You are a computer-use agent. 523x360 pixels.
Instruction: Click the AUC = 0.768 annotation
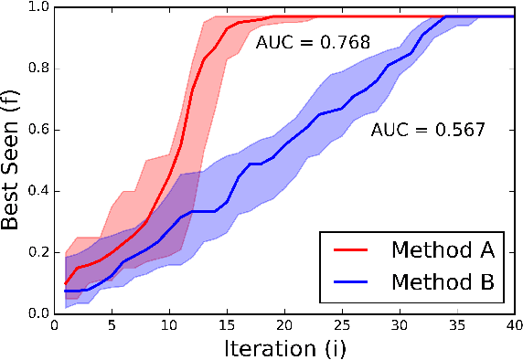300,43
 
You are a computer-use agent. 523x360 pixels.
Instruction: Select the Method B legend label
443,282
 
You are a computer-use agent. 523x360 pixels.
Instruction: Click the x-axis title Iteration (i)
285,347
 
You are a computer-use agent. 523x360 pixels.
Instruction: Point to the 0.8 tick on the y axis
36,69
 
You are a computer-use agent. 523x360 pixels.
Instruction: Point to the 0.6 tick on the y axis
36,130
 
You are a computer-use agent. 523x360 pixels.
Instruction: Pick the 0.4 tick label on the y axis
36,191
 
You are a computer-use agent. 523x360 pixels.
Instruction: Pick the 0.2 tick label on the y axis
36,252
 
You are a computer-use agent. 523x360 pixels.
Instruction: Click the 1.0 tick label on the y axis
36,8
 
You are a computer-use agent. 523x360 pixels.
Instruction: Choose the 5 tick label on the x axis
112,325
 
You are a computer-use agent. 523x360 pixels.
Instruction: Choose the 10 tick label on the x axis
170,325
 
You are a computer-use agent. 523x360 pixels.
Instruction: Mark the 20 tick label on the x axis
285,325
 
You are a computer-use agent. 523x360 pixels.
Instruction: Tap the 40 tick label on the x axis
512,325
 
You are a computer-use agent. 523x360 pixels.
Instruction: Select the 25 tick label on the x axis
343,325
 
